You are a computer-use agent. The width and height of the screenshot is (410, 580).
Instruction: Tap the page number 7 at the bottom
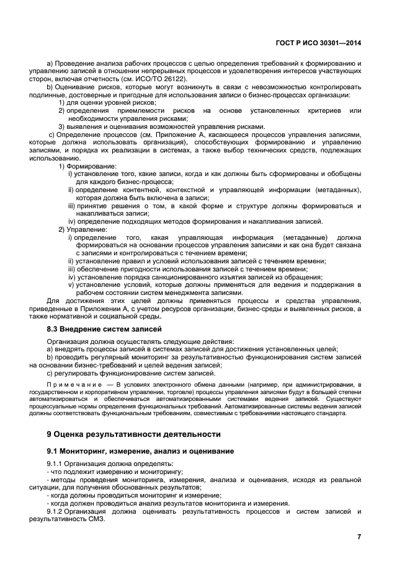pos(359,537)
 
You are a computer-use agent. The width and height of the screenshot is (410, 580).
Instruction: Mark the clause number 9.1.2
pos(57,511)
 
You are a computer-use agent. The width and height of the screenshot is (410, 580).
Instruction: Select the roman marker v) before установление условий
pos(71,285)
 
